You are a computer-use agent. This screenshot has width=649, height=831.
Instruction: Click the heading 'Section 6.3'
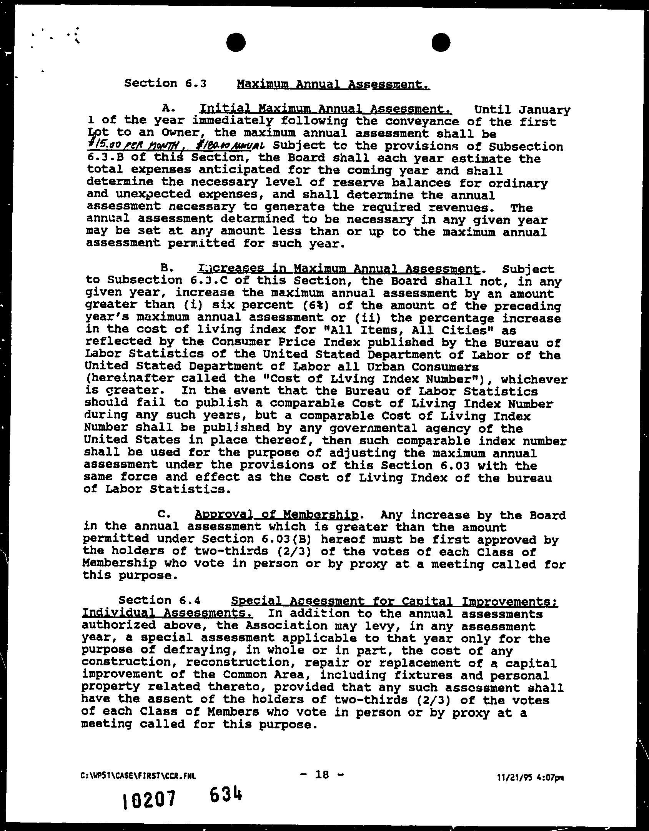(165, 83)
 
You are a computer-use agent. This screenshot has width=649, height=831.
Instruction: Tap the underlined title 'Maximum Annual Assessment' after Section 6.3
(333, 84)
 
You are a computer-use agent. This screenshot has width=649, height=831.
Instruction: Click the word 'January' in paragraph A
(544, 110)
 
